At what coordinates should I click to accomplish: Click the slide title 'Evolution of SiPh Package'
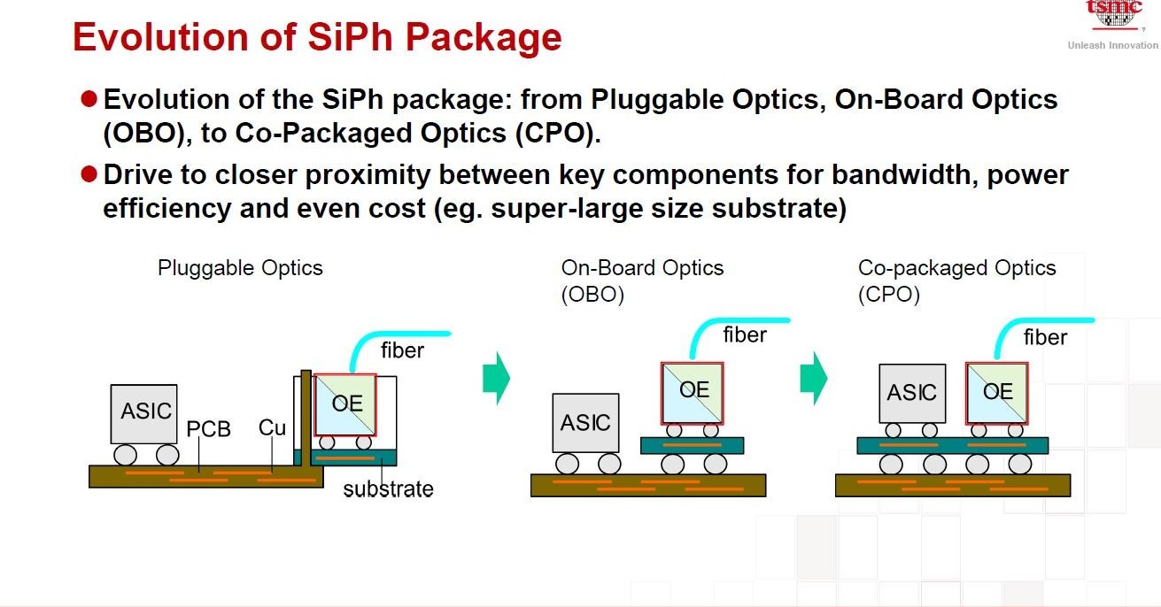coord(317,38)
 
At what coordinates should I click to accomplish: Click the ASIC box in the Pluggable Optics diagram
coord(143,413)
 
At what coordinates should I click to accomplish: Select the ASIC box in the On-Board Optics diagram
coord(584,423)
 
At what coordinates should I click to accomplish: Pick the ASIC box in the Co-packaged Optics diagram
coord(911,392)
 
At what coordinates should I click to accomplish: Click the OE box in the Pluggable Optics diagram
coord(346,403)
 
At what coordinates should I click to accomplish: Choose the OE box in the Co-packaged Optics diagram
coord(997,392)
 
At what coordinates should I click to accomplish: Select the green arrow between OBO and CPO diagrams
coord(813,378)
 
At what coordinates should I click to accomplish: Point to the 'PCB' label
coord(208,430)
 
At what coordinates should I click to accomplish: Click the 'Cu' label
coord(272,428)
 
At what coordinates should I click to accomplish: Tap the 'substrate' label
coord(388,488)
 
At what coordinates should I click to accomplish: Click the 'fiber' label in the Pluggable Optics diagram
coord(402,350)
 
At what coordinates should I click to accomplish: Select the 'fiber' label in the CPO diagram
coord(1045,337)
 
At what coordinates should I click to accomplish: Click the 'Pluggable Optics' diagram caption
coord(240,268)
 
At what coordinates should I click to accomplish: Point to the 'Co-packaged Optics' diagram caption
coord(956,268)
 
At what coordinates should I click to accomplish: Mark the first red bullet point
coord(88,99)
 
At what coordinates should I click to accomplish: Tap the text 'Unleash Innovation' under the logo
coord(1112,45)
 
